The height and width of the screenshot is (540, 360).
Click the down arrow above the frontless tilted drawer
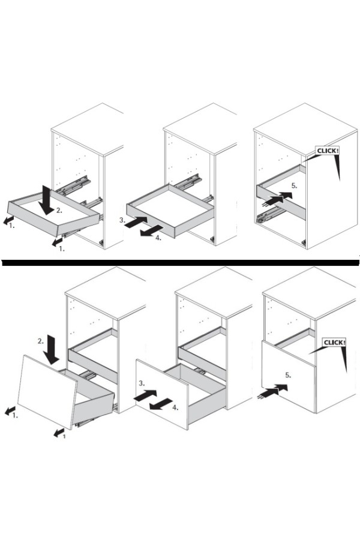pyautogui.click(x=46, y=199)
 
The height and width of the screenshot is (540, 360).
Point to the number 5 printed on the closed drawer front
pyautogui.click(x=288, y=375)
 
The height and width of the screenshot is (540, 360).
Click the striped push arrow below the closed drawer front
pyautogui.click(x=272, y=391)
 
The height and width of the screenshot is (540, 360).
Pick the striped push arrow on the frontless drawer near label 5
pyautogui.click(x=277, y=199)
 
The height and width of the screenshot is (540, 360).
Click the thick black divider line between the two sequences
pyautogui.click(x=180, y=263)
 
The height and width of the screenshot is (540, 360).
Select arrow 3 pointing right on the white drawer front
pyautogui.click(x=145, y=395)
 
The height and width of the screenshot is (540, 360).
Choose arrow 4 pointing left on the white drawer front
pyautogui.click(x=161, y=404)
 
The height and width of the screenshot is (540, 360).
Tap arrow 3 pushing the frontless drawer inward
pyautogui.click(x=136, y=222)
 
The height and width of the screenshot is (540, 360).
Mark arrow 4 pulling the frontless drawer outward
pyautogui.click(x=152, y=231)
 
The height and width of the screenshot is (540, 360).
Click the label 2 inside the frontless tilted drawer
pyautogui.click(x=59, y=211)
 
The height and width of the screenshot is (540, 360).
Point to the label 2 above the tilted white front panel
pyautogui.click(x=41, y=341)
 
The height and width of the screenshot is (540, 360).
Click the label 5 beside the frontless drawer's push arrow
pyautogui.click(x=294, y=185)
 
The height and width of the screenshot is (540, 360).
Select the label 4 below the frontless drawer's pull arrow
pyautogui.click(x=158, y=238)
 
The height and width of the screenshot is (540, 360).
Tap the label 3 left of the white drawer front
pyautogui.click(x=142, y=383)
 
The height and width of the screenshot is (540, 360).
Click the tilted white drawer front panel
pyautogui.click(x=47, y=392)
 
